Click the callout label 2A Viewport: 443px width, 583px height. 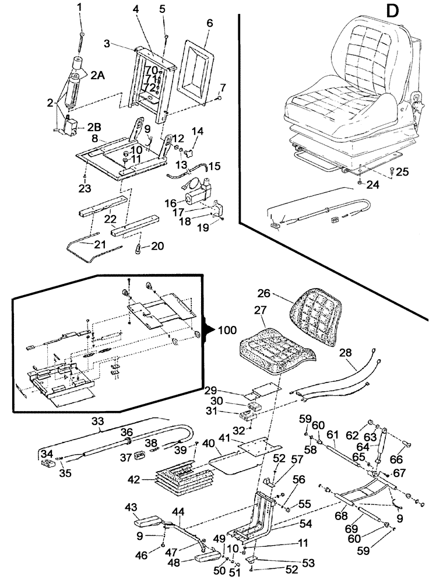click(97, 74)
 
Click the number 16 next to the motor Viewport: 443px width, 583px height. click(170, 203)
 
